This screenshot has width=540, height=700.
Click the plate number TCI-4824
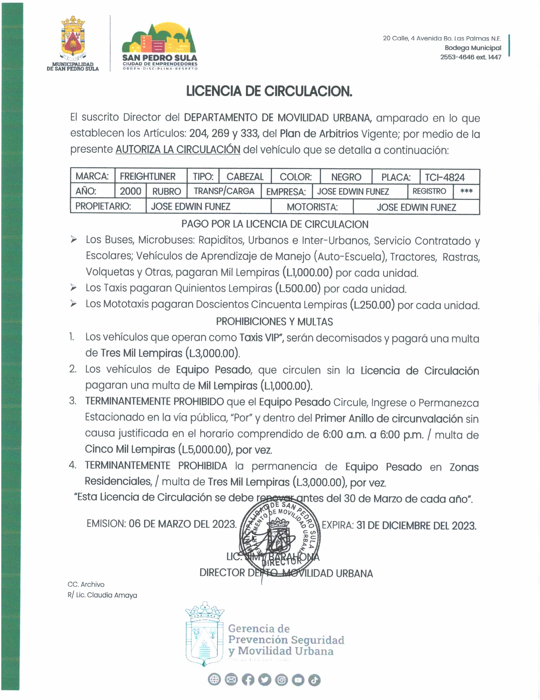[445, 177]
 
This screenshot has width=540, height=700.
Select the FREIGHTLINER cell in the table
[147, 177]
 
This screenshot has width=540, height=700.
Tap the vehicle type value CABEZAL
[245, 177]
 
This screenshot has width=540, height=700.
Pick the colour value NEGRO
[346, 177]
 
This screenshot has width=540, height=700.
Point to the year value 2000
[130, 191]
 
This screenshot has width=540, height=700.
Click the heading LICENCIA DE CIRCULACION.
[269, 91]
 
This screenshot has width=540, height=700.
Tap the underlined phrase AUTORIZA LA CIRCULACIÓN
[178, 149]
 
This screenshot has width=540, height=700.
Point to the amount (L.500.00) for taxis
[298, 288]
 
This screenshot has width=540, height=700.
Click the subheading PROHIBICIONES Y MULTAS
[274, 321]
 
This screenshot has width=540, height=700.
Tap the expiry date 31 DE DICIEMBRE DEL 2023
[416, 526]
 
